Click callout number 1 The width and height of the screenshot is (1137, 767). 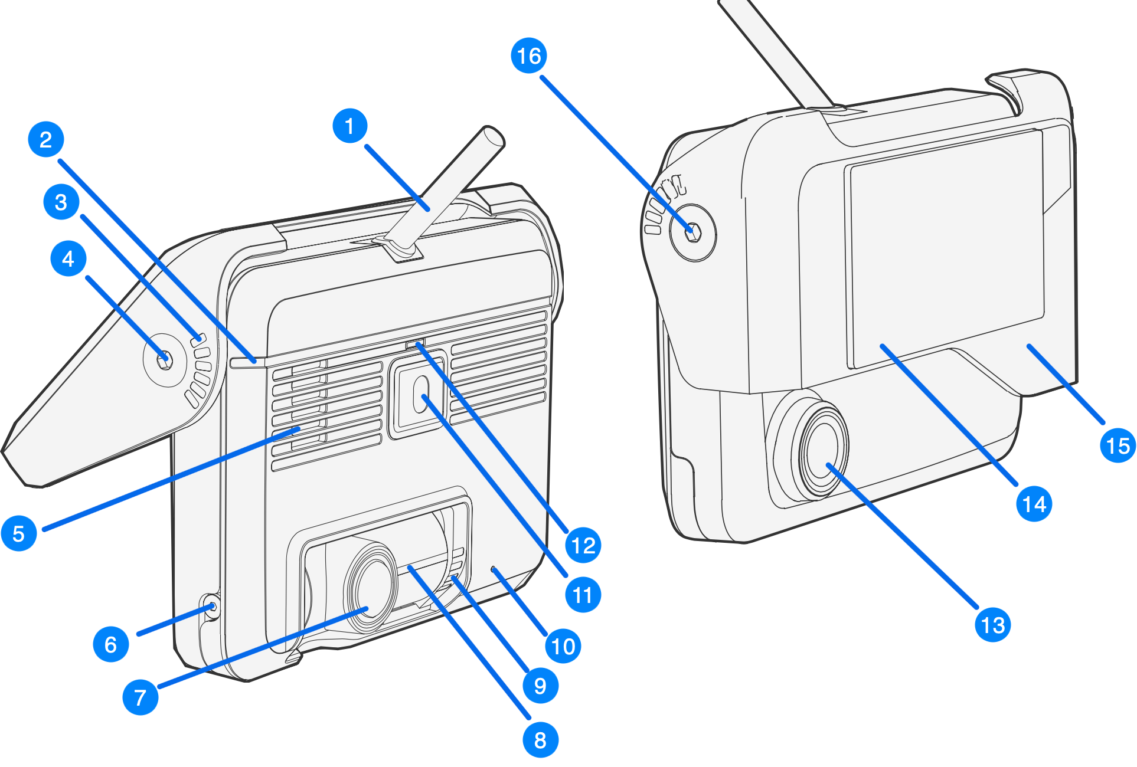point(350,126)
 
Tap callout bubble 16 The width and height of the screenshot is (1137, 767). point(529,56)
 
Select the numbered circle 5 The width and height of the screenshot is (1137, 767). point(19,533)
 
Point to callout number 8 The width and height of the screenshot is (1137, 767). point(540,740)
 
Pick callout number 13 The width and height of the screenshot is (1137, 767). point(993,625)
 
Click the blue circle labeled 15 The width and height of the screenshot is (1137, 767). point(1118,445)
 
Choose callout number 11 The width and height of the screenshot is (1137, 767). point(583,595)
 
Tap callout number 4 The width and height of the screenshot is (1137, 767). point(68,258)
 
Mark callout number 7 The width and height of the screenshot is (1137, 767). point(141,697)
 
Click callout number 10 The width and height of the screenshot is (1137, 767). point(563,646)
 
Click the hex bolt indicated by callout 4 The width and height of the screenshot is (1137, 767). point(165,358)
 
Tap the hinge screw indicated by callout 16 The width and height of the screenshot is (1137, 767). point(693,232)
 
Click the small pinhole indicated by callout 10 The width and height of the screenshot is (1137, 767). point(494,568)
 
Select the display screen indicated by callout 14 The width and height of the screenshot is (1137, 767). point(945,248)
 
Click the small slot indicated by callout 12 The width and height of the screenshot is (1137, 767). point(415,344)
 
